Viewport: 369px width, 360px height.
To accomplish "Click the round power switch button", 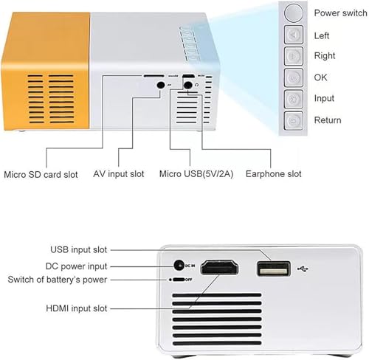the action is (293, 13).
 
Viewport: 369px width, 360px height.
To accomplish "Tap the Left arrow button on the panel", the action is (294, 35).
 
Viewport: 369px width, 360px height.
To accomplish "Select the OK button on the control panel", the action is (294, 77).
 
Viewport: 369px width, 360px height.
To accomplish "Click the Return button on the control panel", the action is (294, 120).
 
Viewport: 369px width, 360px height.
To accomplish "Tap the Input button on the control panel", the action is (294, 99).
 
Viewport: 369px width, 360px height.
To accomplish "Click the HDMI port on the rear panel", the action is (219, 268).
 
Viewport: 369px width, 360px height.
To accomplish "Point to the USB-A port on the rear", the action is (273, 269).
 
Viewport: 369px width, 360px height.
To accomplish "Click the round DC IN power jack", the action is (179, 266).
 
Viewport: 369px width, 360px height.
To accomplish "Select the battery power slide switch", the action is (179, 280).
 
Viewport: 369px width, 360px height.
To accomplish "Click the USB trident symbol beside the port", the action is (303, 269).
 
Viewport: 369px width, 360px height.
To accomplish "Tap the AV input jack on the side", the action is (161, 85).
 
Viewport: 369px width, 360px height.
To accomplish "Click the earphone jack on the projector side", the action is (188, 85).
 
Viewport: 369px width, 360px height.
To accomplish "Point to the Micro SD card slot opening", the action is (154, 76).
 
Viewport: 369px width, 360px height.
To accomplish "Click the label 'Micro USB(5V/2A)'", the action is (196, 174).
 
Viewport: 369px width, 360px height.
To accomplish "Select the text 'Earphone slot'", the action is (273, 174).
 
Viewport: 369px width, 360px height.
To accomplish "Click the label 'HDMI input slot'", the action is (77, 308).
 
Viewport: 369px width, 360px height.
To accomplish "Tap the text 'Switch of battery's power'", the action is (58, 280).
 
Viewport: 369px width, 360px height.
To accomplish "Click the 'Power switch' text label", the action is (340, 13).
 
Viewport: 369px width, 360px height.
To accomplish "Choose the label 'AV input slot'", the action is (119, 174).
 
